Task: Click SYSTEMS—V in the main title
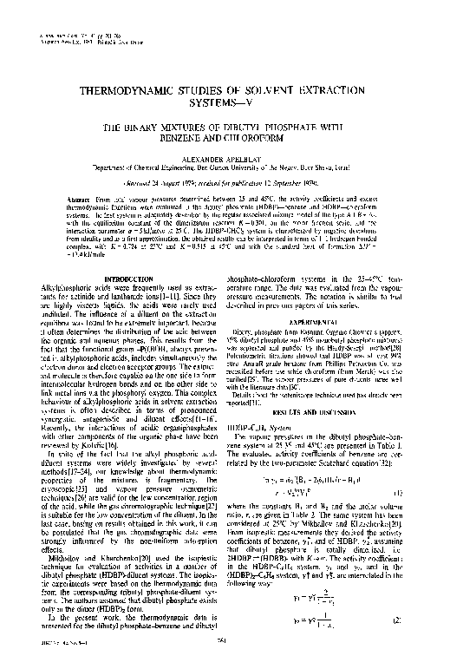tap(225, 103)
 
